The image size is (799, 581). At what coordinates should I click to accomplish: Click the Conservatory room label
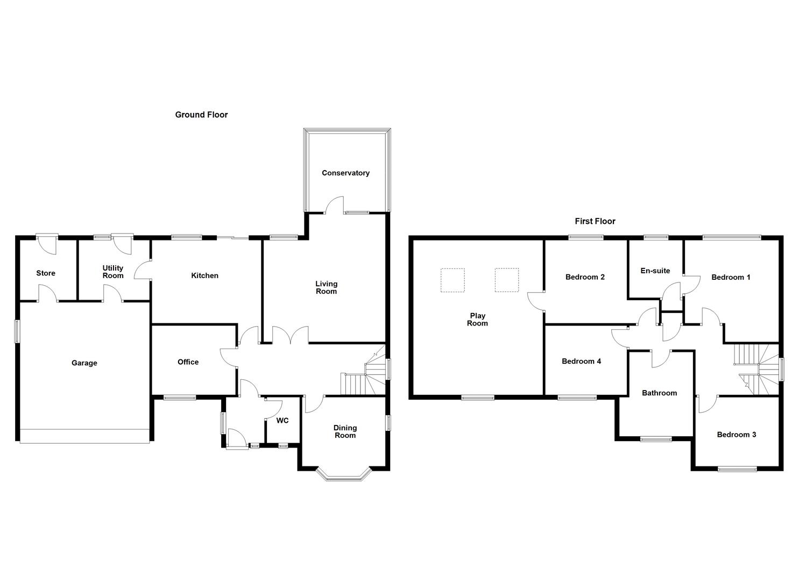(345, 173)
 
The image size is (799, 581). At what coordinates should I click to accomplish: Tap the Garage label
(84, 363)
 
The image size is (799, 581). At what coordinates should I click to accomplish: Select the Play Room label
(477, 320)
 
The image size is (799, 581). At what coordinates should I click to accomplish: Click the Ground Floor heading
(201, 115)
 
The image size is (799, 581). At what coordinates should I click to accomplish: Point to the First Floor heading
(595, 221)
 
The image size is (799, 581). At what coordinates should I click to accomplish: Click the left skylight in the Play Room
(452, 280)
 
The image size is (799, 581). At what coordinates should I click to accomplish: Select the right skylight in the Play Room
(507, 280)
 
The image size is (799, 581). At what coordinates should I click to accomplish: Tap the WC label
(282, 420)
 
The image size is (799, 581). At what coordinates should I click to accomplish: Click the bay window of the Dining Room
(344, 474)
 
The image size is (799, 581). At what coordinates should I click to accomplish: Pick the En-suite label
(655, 271)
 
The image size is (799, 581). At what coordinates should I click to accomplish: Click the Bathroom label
(659, 393)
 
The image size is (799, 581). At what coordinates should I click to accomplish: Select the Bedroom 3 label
(736, 435)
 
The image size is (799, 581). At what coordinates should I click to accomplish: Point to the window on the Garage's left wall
(17, 331)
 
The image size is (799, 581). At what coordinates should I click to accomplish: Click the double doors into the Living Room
(291, 335)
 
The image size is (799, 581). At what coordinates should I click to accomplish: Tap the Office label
(188, 362)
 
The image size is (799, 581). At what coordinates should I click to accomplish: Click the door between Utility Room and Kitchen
(143, 270)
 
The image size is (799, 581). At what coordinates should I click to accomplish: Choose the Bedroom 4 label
(581, 361)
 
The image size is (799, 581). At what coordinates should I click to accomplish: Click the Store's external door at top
(48, 244)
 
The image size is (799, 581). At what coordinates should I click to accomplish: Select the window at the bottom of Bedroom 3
(737, 469)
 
